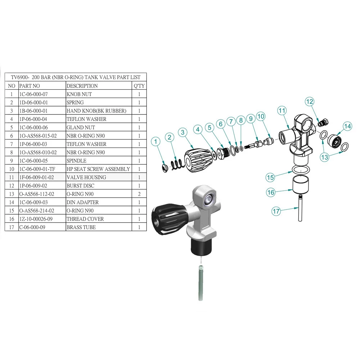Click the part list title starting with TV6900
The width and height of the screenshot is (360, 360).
tap(76, 77)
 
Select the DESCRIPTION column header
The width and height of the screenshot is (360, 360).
tap(82, 86)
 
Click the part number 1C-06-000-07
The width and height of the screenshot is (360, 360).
tap(33, 94)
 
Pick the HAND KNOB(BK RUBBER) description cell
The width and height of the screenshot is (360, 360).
tap(96, 111)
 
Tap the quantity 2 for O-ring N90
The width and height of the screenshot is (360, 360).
tap(139, 194)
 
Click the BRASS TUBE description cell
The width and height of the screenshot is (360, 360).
tap(81, 227)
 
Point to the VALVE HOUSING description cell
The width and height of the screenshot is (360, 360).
tap(86, 177)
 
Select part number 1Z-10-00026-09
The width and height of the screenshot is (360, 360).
tap(36, 219)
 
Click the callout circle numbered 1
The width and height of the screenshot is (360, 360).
tap(156, 141)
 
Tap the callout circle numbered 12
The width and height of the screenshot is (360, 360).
tap(310, 102)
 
